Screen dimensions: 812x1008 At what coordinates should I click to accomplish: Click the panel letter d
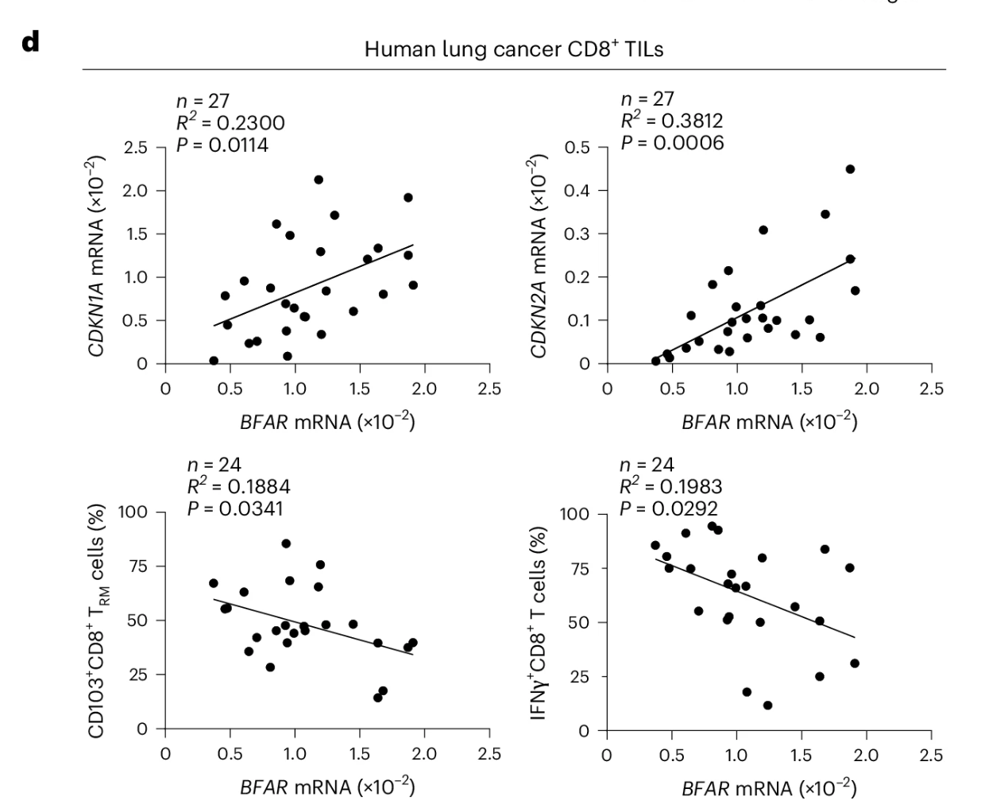(x=30, y=42)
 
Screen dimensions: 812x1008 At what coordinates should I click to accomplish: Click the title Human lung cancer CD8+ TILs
(x=514, y=49)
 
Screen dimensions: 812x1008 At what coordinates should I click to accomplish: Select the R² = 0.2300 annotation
(x=230, y=122)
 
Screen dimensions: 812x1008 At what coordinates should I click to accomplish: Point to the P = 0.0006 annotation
(x=672, y=143)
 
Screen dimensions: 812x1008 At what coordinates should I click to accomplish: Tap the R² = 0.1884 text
(x=238, y=486)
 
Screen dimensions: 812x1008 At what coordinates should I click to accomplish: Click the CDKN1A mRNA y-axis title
(x=98, y=256)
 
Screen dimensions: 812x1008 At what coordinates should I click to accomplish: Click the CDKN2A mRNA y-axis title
(x=540, y=256)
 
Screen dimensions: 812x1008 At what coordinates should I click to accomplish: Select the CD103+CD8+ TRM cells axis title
(x=98, y=620)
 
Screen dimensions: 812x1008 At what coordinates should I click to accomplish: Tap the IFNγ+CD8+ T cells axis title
(x=540, y=622)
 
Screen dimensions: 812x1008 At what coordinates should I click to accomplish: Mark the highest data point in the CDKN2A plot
(x=850, y=169)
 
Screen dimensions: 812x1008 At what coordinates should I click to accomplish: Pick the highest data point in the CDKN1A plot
(x=319, y=180)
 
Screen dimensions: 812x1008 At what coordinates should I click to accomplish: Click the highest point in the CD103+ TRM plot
(x=286, y=543)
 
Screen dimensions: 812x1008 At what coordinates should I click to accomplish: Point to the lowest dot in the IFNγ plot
(x=767, y=705)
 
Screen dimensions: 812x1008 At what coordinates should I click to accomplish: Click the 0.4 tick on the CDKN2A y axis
(x=578, y=191)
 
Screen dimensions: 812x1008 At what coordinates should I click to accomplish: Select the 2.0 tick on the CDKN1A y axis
(x=136, y=191)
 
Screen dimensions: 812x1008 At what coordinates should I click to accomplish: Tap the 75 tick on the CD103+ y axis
(x=138, y=566)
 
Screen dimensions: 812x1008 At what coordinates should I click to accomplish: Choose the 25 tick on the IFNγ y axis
(x=581, y=677)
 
